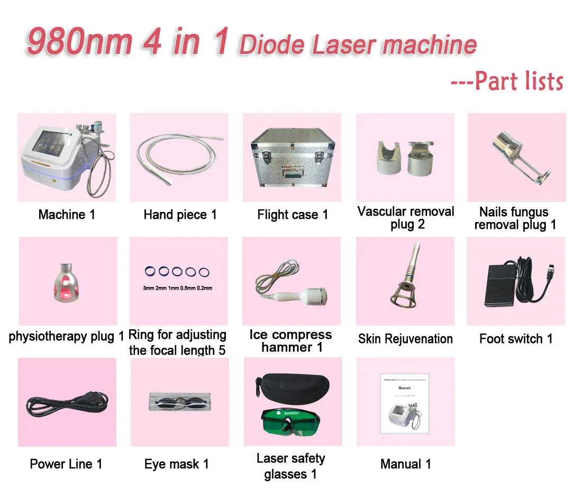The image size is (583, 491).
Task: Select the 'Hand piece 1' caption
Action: pyautogui.click(x=180, y=215)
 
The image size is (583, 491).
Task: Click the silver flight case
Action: pyautogui.click(x=292, y=158)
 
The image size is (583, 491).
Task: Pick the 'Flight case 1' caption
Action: pyautogui.click(x=293, y=215)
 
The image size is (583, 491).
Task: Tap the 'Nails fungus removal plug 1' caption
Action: pyautogui.click(x=515, y=218)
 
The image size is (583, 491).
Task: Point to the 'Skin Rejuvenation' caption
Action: pyautogui.click(x=405, y=339)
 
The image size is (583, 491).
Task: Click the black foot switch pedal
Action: pyautogui.click(x=503, y=283)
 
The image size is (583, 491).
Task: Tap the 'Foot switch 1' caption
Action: pyautogui.click(x=516, y=339)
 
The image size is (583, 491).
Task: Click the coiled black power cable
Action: pyautogui.click(x=67, y=405)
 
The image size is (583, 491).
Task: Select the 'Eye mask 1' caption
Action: pyautogui.click(x=176, y=464)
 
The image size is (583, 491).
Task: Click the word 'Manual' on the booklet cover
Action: pyautogui.click(x=404, y=387)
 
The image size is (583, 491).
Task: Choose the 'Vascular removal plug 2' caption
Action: pyautogui.click(x=406, y=218)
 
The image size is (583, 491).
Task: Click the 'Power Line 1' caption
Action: pyautogui.click(x=66, y=464)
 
